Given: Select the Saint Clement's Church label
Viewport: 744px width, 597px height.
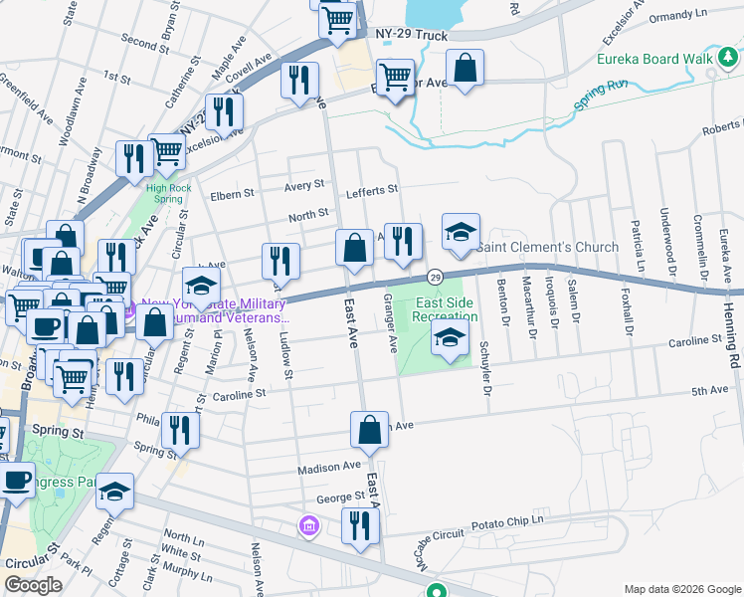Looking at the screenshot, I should [547, 247].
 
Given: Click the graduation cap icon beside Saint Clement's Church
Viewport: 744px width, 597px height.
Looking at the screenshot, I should [461, 233].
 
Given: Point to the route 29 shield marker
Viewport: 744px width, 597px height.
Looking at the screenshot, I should [435, 277].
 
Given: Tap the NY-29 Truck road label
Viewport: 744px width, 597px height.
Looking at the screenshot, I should [412, 35].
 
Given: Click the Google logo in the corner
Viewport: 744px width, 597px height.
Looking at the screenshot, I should [34, 585].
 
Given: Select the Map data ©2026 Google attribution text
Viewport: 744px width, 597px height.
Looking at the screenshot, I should [681, 589].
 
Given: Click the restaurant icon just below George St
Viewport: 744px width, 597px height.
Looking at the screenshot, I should [359, 525].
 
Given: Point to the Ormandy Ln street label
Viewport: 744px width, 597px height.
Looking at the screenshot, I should [674, 15].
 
